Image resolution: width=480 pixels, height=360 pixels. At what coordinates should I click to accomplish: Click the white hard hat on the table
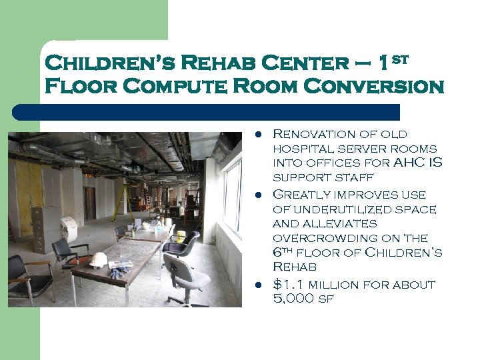click(99, 260)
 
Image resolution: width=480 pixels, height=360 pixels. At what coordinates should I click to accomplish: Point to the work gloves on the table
click(120, 270)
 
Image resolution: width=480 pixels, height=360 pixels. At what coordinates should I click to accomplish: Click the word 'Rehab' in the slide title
click(214, 64)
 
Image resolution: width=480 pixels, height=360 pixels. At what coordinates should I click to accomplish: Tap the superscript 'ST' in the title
click(397, 59)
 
